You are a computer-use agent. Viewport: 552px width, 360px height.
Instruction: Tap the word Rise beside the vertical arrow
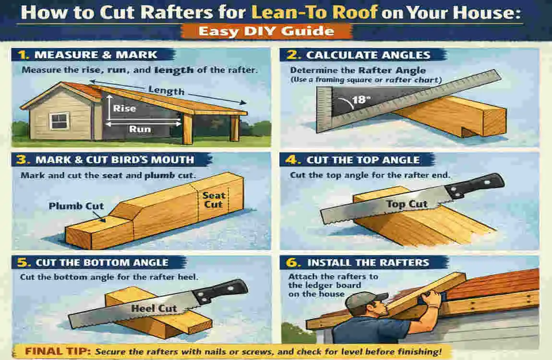pos(125,108)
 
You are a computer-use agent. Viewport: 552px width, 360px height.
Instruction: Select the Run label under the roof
pos(140,129)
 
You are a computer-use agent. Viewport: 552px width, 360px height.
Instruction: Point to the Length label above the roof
pos(166,90)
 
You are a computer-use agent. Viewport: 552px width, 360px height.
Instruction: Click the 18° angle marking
pos(361,99)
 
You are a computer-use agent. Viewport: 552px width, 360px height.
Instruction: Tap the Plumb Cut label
pos(76,206)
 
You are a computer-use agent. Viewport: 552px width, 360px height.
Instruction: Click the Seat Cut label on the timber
pos(214,200)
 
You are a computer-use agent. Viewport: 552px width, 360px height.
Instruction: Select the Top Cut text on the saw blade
pos(407,204)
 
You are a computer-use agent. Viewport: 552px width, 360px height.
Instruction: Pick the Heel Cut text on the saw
pos(154,309)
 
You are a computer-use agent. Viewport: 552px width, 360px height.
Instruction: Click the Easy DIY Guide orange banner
pos(266,31)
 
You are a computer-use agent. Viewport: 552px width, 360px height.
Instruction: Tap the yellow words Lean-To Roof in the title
pos(314,12)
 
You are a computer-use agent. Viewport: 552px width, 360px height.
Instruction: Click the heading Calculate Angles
pos(368,55)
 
